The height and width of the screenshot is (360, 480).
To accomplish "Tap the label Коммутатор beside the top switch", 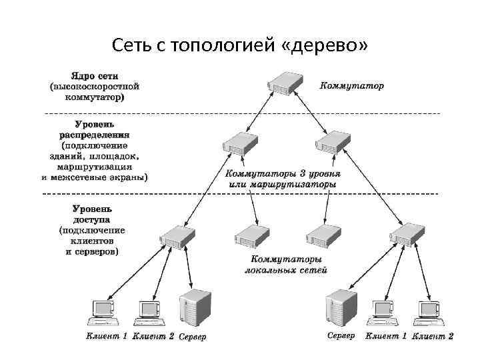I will coord(352,86).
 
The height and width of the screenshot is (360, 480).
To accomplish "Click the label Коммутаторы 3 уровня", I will coord(281,173).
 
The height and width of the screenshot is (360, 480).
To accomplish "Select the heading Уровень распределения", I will coord(94,129).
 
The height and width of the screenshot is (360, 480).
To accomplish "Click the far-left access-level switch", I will coord(178,235).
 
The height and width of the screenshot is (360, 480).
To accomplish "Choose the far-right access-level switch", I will coord(407,235).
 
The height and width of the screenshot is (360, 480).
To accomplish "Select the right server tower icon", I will coord(342,309).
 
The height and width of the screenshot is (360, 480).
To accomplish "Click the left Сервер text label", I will coord(193,337).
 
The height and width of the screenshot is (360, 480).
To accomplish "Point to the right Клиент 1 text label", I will coord(386,336).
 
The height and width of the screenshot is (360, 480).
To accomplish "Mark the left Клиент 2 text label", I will coord(153,336).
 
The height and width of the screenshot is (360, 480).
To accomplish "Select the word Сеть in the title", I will coord(133,45).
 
